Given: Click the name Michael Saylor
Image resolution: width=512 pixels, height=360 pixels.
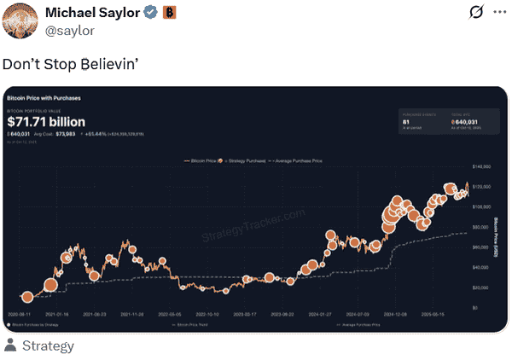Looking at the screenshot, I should coord(90,12).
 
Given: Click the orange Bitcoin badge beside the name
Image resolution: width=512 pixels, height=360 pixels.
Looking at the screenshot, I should coord(169,12).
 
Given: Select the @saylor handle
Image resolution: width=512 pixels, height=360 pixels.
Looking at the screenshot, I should coord(79,30).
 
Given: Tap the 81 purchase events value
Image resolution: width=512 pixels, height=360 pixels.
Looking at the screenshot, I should coord(405,122).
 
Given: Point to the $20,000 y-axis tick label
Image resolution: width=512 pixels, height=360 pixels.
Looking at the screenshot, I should coord(480,287).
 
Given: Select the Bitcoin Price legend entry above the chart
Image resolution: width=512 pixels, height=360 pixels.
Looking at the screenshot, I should coord(204,160).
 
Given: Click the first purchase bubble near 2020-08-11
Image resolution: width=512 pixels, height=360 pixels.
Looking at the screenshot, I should coord(27,296).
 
